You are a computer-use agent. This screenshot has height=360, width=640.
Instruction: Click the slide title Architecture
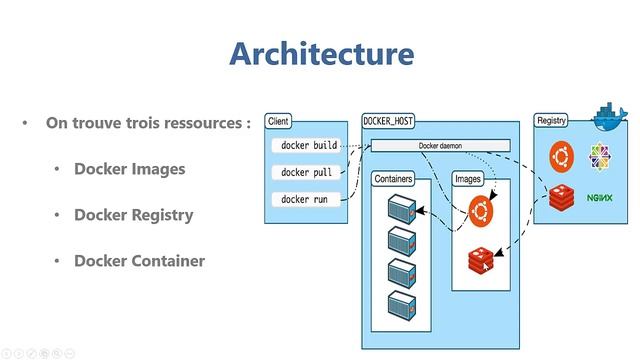tap(320, 52)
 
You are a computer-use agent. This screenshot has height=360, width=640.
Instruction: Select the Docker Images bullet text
tap(129, 169)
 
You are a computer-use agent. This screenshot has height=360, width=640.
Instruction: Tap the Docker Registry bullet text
tap(133, 215)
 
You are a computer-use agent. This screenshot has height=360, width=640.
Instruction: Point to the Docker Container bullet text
tap(139, 261)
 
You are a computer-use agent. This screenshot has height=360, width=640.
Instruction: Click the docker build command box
tap(309, 146)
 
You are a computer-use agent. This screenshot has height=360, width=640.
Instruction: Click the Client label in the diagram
tap(278, 121)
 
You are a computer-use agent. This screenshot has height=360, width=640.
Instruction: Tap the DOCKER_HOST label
tap(388, 121)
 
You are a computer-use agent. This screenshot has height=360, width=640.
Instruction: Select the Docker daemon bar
tap(440, 146)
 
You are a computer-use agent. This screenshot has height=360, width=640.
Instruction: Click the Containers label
tap(394, 179)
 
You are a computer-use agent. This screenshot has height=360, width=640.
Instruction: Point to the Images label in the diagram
tap(468, 179)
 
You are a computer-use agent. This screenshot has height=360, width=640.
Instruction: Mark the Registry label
tap(551, 121)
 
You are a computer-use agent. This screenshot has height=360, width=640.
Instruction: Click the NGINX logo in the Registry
tap(599, 199)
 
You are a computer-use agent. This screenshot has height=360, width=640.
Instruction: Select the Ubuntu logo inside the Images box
tap(482, 211)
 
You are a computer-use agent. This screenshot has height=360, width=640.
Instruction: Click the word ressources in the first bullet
tap(206, 124)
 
